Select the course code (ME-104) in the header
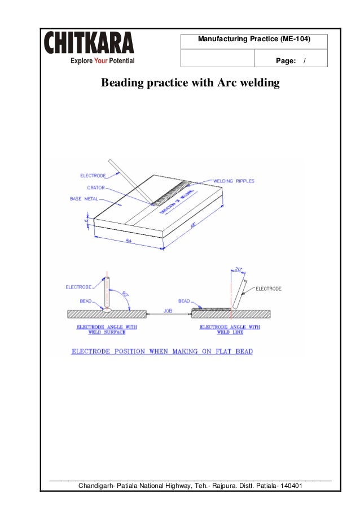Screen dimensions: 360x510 coord(295,40)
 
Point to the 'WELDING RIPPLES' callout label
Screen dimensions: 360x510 coord(234,181)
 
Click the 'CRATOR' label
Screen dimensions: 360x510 coord(94,187)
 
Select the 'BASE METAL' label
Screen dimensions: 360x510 coord(83,199)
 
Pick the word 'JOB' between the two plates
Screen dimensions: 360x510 coord(168,310)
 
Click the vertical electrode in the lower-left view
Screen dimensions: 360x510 coord(107,291)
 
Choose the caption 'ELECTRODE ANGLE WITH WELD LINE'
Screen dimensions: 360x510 coord(230,329)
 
